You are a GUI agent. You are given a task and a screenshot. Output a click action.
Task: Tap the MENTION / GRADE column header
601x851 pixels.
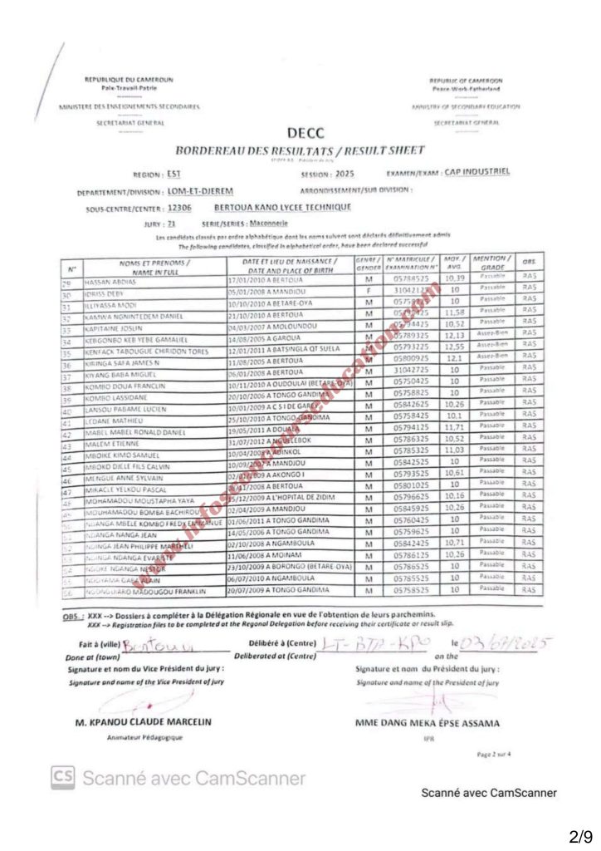[491, 263]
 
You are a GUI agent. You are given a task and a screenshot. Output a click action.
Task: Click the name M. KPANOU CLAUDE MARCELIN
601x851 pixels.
[144, 722]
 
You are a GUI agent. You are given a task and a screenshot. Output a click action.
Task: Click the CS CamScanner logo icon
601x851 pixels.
[62, 778]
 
